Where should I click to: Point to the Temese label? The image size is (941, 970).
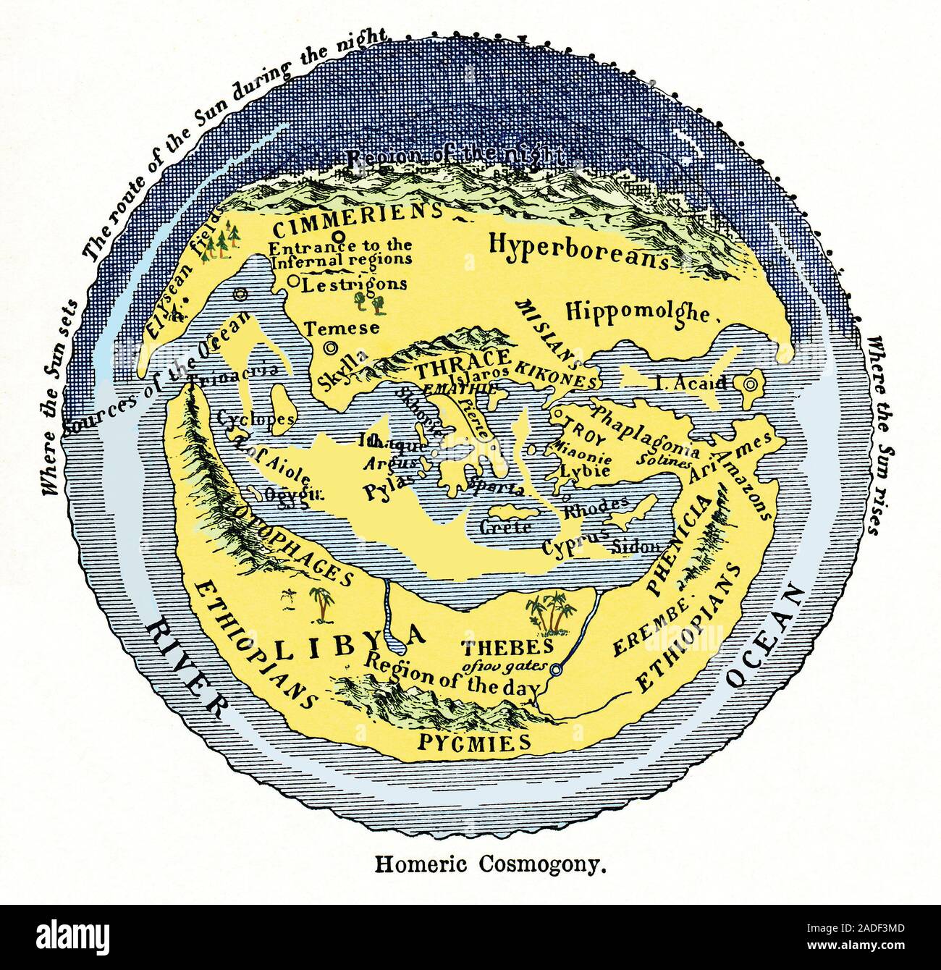pos(341,328)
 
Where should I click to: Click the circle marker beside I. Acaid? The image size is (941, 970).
pos(750,383)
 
